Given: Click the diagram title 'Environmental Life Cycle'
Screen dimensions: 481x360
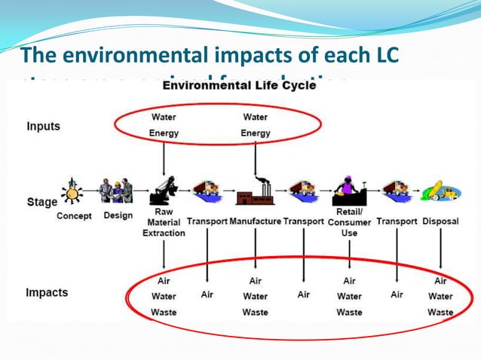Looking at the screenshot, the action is pos(240,87).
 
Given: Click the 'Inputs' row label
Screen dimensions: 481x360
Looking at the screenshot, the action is pos(44,127).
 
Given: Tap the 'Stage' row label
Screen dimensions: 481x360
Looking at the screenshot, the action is pos(41,202).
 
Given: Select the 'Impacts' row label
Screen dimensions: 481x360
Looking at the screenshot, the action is pos(47,292).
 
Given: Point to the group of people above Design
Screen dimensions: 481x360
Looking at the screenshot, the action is pos(117,190).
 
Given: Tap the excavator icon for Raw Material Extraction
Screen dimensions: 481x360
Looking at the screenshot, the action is pos(164,191).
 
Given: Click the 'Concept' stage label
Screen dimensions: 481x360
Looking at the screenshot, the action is pos(74,216).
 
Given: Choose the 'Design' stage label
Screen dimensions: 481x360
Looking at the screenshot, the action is pos(118,215).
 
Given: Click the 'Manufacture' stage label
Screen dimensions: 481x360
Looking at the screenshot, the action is pos(255,221).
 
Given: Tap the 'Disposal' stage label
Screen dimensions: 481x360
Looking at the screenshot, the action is pos(440,221).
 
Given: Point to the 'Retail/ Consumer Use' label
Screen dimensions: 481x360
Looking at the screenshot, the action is pos(350,222).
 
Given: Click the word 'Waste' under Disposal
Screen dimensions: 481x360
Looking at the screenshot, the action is pos(440,312).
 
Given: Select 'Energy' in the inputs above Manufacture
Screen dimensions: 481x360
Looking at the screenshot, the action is pos(256,133).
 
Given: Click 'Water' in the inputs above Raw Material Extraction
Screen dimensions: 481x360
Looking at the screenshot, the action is pos(164,117).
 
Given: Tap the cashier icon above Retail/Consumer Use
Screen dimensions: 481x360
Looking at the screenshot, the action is pos(348,190).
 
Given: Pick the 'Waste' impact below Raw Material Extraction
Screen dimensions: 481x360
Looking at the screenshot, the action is pos(164,312).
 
